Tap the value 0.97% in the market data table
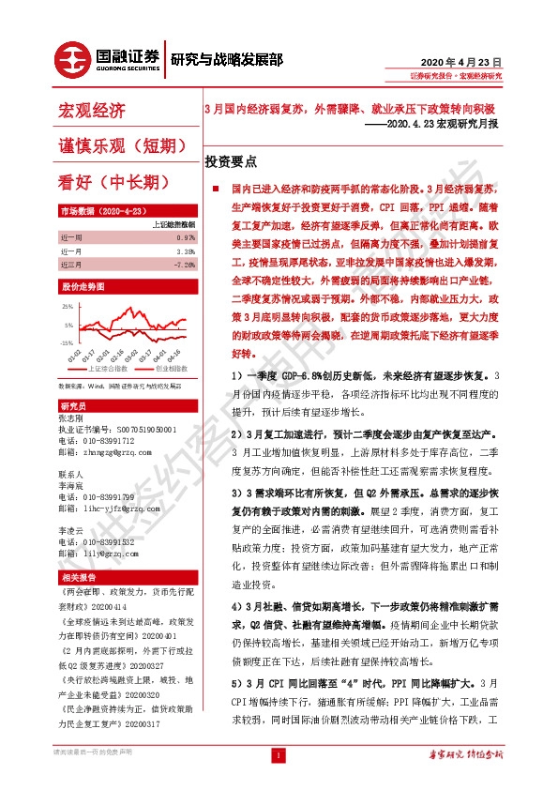click(185, 238)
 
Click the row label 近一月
click(72, 251)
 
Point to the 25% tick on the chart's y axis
click(68, 307)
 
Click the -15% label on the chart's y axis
click(67, 343)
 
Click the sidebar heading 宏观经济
click(92, 112)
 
